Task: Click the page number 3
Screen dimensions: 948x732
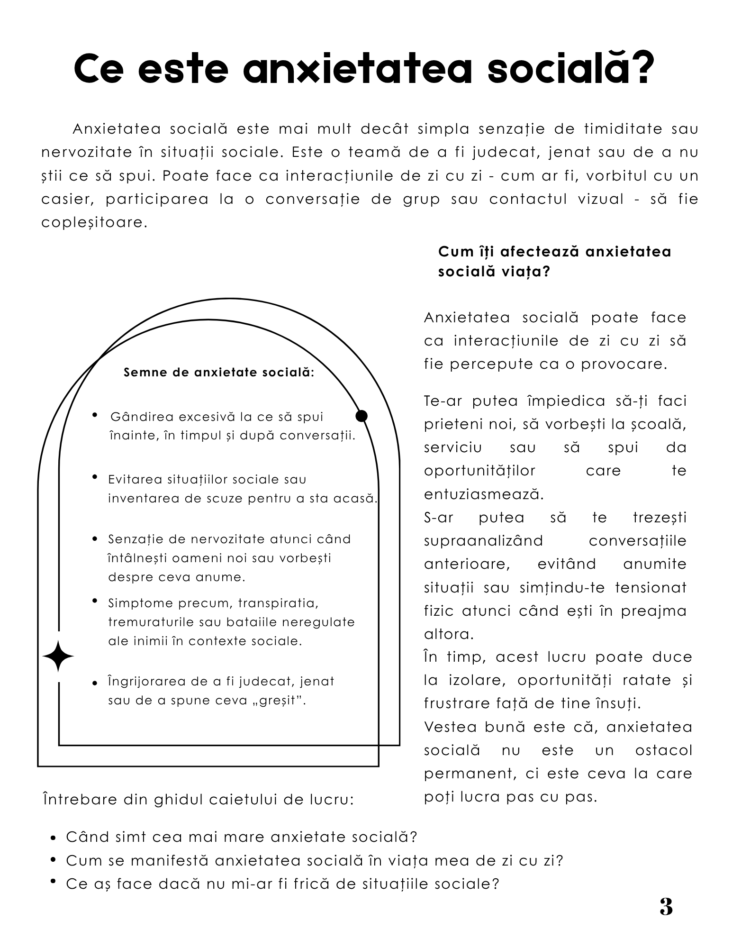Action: click(x=666, y=907)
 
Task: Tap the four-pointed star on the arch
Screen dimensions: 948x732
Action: click(x=58, y=656)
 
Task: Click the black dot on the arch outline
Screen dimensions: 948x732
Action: click(x=361, y=416)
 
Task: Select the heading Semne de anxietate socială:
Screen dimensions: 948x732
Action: click(x=219, y=372)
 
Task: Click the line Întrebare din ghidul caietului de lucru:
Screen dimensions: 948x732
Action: click(x=198, y=800)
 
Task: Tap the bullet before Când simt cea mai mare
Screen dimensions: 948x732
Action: click(x=54, y=838)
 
